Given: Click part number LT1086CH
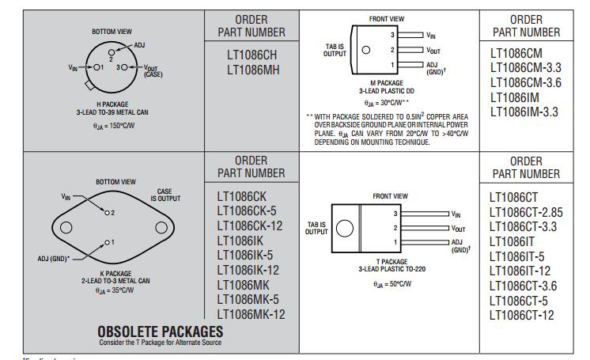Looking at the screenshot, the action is [252, 55].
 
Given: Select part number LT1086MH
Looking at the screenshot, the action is [253, 70].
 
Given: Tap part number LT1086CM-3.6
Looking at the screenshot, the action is [525, 82].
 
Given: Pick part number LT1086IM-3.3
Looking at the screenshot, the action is [524, 112].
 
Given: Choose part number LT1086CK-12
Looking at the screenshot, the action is [249, 226].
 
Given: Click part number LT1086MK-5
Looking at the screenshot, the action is [248, 300].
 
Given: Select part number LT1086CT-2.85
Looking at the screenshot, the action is [526, 212].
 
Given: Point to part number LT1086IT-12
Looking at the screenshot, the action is [520, 271].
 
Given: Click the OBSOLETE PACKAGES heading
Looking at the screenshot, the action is [161, 332].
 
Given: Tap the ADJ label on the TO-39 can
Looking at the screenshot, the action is [139, 45].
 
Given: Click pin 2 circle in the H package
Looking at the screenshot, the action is [112, 52].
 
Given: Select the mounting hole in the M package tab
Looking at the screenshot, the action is [365, 50].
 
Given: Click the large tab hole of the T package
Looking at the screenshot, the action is [344, 228].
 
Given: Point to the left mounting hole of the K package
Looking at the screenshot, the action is [66, 227].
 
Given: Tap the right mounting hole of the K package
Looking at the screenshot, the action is [161, 227].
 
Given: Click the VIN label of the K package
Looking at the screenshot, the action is [66, 196].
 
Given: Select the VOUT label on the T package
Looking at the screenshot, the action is [458, 229].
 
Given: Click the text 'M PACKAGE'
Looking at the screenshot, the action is [387, 83].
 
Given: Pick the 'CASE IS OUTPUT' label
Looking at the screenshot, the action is [165, 195].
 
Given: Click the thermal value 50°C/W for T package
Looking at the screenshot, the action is [392, 284].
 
